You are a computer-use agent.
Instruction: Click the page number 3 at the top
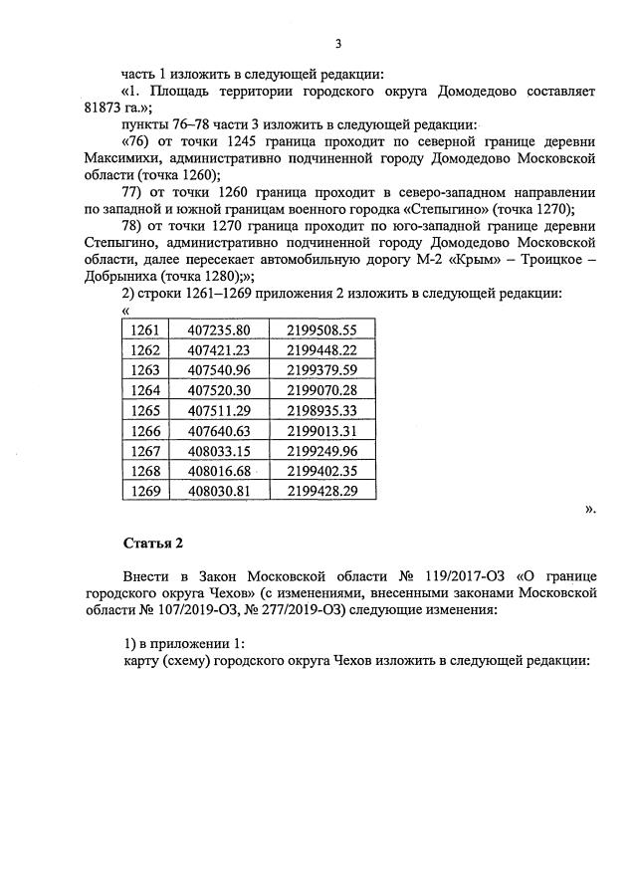338,44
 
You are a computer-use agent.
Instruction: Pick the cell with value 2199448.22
320,350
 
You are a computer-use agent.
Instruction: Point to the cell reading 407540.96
218,370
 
